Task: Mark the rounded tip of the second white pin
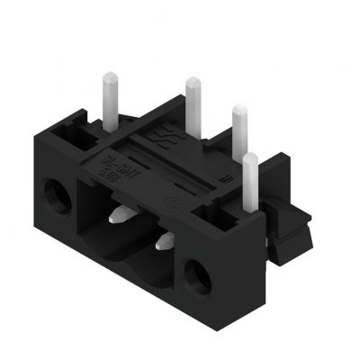pyautogui.click(x=193, y=83)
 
